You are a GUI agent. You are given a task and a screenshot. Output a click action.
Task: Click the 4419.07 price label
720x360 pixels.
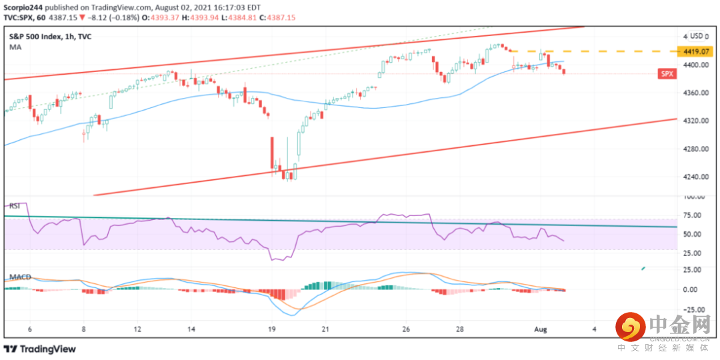(694, 51)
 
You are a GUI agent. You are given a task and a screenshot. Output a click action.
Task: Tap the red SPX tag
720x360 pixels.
(667, 75)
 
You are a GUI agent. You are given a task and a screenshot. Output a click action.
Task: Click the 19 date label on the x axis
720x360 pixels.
(272, 329)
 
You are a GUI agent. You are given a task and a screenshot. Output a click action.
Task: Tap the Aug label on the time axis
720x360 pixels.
(541, 329)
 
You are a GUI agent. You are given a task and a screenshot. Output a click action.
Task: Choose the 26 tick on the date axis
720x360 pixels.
(405, 329)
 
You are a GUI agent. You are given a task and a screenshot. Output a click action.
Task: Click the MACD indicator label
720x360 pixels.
(19, 277)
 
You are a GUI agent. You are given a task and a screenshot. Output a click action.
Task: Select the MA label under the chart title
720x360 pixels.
(14, 48)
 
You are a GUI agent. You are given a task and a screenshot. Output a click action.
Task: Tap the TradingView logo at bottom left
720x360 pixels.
(40, 349)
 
